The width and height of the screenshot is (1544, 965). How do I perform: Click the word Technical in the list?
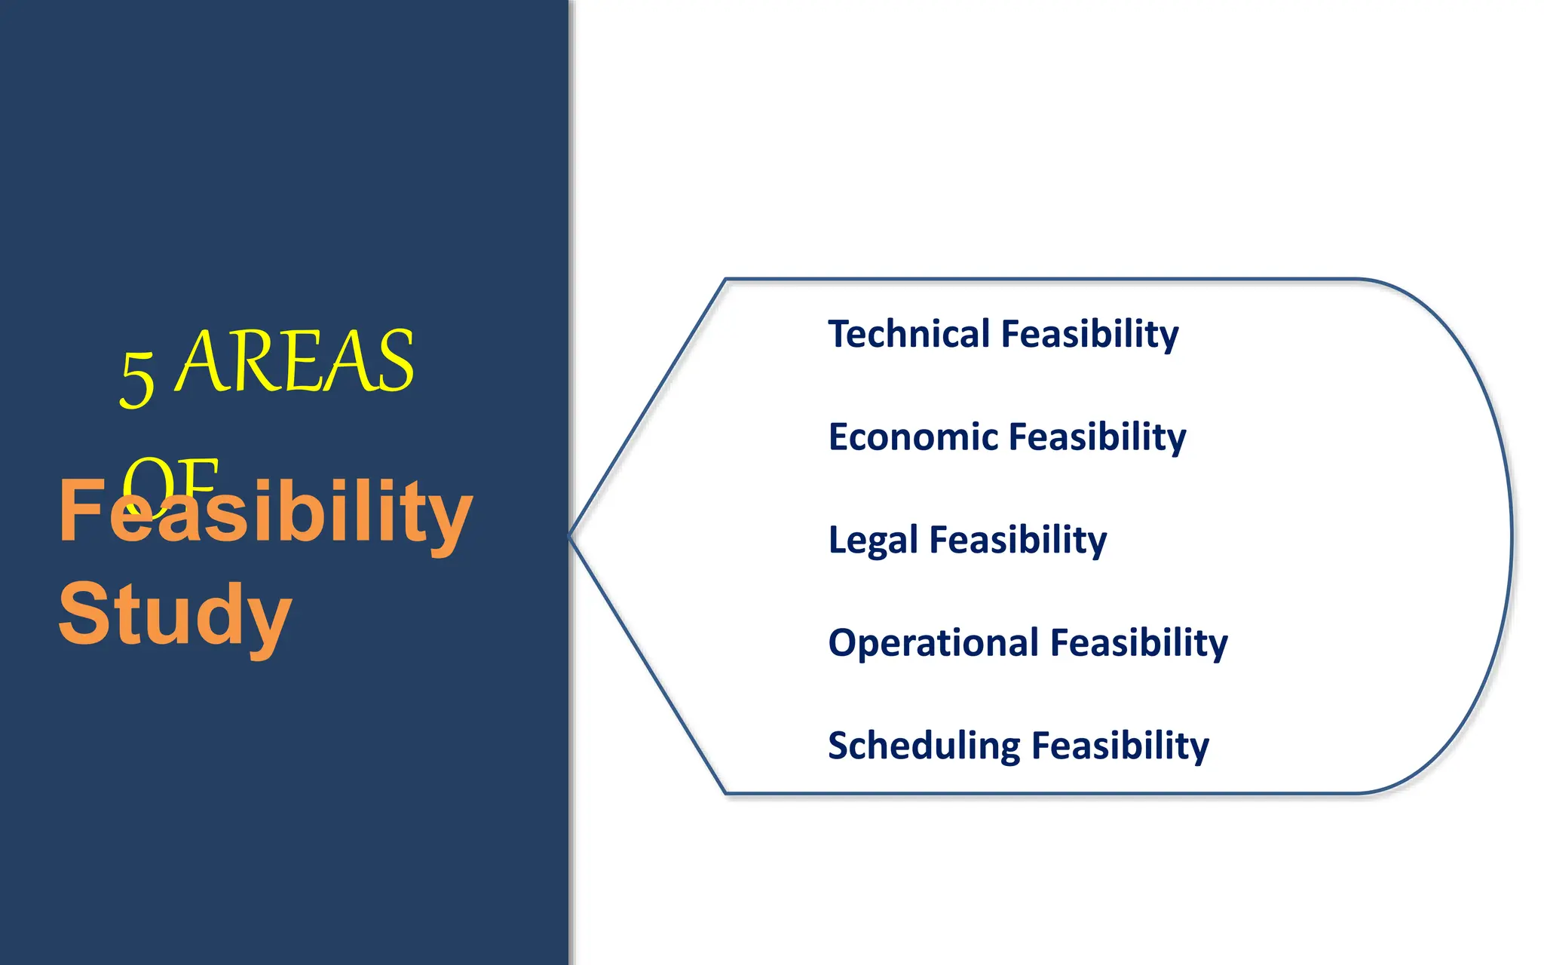tap(908, 334)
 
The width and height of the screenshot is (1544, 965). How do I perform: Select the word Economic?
tap(913, 437)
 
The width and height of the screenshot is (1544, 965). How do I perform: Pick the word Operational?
tap(933, 643)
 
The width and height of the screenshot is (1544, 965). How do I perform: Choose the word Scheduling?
tap(924, 746)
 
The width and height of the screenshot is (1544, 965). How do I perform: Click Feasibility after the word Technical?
tap(1089, 334)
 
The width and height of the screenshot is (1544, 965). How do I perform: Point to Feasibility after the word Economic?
tap(1097, 437)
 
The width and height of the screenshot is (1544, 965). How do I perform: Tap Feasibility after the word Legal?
tap(1018, 540)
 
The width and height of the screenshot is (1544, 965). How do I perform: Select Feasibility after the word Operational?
tap(1138, 643)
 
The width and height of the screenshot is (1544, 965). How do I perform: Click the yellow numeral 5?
tap(137, 379)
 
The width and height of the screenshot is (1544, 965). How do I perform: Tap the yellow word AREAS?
tap(296, 362)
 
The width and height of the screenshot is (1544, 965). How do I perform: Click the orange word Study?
tap(175, 614)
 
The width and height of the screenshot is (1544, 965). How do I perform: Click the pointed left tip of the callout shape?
tap(571, 536)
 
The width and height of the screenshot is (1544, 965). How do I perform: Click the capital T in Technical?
tap(838, 334)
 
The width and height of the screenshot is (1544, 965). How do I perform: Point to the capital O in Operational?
tap(842, 643)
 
